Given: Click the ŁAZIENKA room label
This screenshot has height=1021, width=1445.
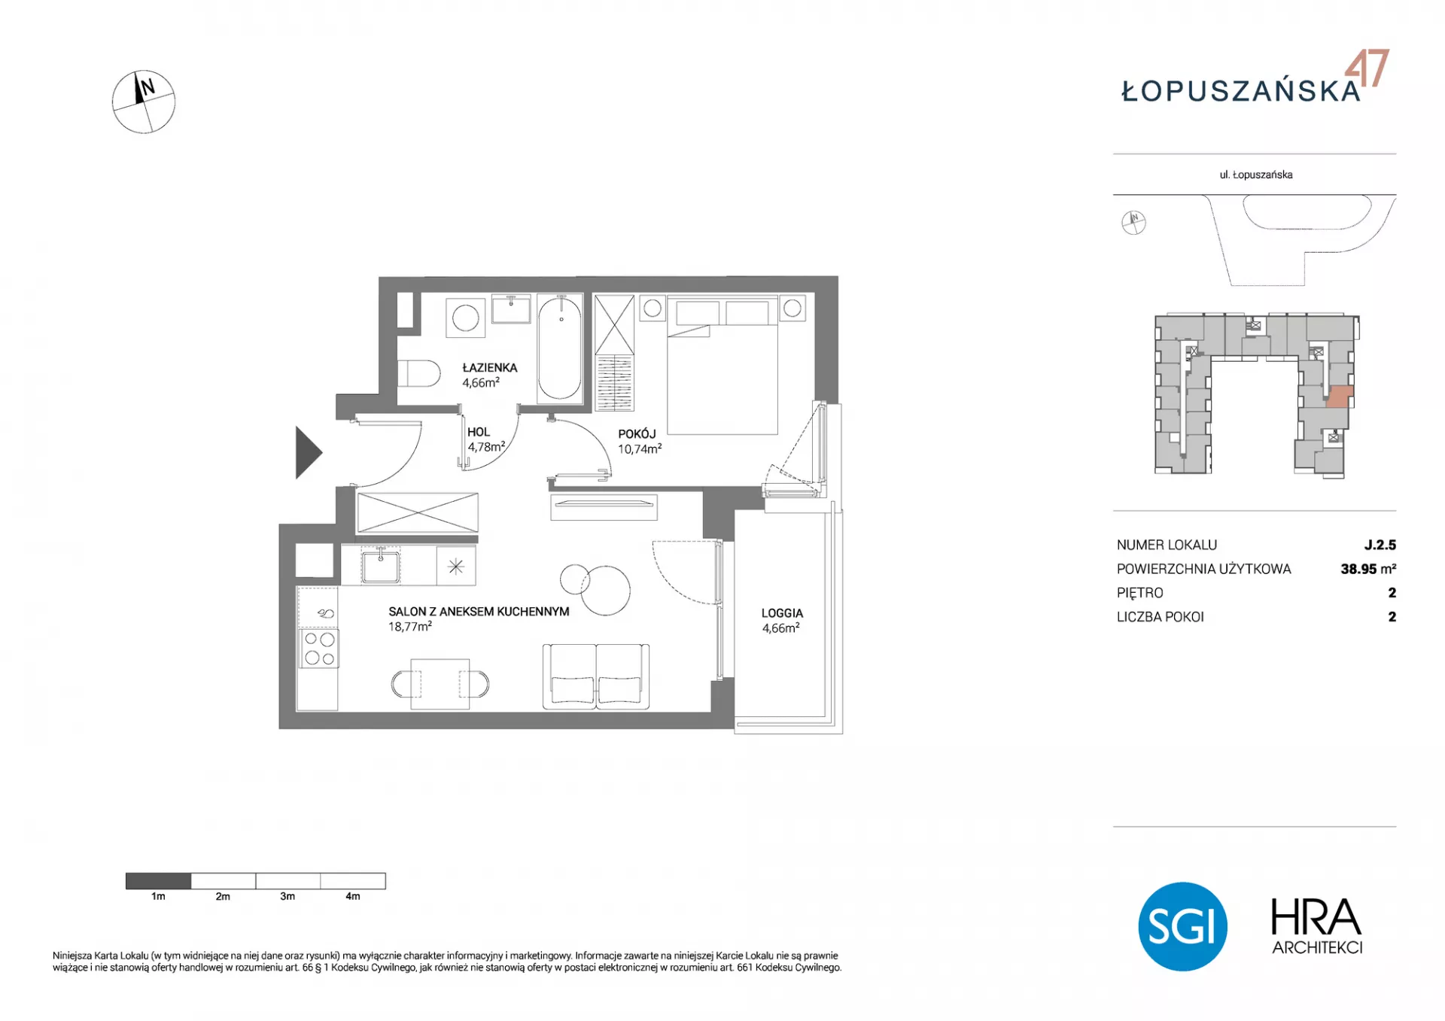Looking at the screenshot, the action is (x=489, y=368).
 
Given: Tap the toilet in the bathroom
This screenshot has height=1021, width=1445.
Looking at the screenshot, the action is (x=418, y=373).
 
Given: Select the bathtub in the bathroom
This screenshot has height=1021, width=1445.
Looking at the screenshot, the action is (x=560, y=348).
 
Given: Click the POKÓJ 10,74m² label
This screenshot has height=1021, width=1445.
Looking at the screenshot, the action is (x=640, y=442).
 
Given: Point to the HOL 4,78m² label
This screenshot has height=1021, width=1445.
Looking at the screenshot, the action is (x=485, y=439).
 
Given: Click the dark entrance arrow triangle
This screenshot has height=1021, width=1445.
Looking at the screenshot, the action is (x=309, y=453).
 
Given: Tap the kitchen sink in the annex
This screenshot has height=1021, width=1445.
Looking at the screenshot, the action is (x=380, y=566).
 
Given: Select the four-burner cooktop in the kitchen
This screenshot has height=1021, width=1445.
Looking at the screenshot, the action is (x=319, y=649).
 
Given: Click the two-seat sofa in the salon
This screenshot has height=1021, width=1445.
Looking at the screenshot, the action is (x=596, y=676).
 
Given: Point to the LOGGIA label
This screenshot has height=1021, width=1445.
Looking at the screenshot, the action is (x=782, y=613).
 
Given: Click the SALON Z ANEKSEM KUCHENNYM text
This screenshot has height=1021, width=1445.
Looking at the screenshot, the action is (x=479, y=612).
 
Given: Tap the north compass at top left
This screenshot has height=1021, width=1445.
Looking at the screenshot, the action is (x=144, y=102).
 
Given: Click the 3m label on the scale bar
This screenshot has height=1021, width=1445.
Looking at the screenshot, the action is (x=287, y=896).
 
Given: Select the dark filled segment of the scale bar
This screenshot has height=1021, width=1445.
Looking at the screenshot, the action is (x=158, y=881).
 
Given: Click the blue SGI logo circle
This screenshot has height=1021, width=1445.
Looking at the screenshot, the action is (x=1182, y=926).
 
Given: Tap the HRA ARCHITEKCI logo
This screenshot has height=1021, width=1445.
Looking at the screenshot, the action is (x=1316, y=927).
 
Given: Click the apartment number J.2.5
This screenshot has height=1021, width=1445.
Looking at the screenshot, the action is (x=1380, y=545).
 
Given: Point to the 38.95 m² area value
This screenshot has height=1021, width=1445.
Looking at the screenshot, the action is (x=1368, y=569).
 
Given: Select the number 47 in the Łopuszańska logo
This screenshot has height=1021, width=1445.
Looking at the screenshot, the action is (x=1367, y=68).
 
